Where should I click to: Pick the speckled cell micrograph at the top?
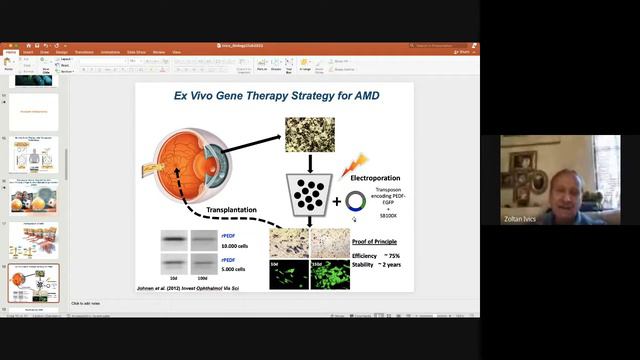tap(309, 134)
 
